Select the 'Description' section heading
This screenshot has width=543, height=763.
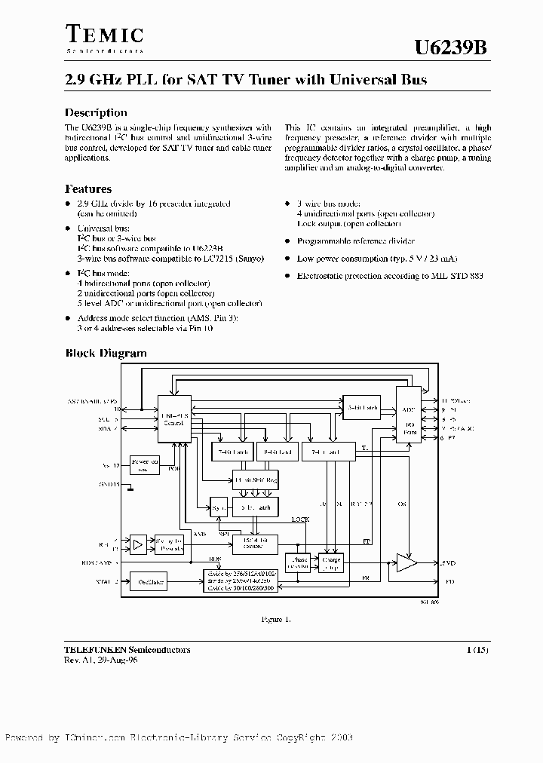click(x=96, y=113)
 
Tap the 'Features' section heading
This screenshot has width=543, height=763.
click(x=88, y=189)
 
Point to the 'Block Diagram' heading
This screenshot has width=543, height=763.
click(x=106, y=353)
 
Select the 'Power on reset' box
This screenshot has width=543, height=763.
click(x=145, y=464)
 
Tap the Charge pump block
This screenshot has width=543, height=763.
click(x=331, y=564)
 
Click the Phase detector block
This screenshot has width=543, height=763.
click(x=297, y=564)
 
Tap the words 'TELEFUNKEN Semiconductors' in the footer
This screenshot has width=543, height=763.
click(x=127, y=650)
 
